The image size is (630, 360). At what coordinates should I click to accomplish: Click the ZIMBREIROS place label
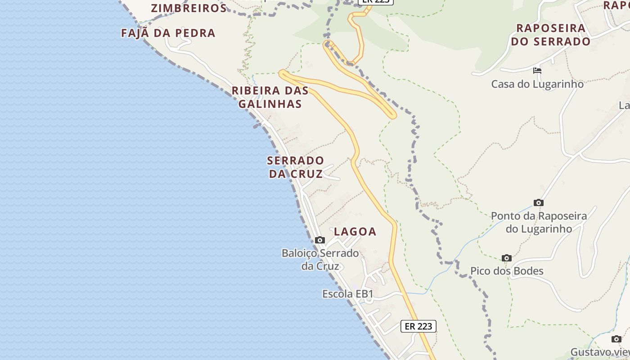click(x=189, y=8)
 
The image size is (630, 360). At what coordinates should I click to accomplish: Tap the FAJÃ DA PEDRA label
click(x=168, y=33)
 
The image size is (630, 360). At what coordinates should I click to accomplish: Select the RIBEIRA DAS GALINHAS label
click(x=270, y=97)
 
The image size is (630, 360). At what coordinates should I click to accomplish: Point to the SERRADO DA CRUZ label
click(x=296, y=167)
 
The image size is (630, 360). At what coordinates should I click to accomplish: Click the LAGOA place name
click(x=355, y=232)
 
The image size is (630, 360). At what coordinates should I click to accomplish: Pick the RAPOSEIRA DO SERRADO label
click(x=551, y=35)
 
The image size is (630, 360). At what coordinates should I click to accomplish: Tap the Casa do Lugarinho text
click(x=537, y=84)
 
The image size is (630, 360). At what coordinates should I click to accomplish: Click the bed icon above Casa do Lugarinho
click(x=537, y=71)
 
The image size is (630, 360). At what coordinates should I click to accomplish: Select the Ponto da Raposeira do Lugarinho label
click(x=539, y=222)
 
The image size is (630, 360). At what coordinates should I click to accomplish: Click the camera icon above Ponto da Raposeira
click(x=538, y=202)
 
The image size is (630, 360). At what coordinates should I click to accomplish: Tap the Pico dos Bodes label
click(x=507, y=271)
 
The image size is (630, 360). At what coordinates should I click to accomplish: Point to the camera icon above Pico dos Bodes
click(x=507, y=258)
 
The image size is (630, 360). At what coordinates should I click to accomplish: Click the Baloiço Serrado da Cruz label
click(x=320, y=259)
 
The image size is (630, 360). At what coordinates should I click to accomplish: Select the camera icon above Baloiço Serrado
click(x=320, y=240)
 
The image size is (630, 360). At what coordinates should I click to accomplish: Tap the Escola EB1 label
click(x=348, y=294)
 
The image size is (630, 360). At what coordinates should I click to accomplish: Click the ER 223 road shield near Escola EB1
click(x=418, y=326)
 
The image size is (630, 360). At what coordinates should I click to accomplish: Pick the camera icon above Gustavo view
click(x=616, y=339)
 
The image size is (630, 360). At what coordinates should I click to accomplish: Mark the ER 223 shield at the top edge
click(x=376, y=2)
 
